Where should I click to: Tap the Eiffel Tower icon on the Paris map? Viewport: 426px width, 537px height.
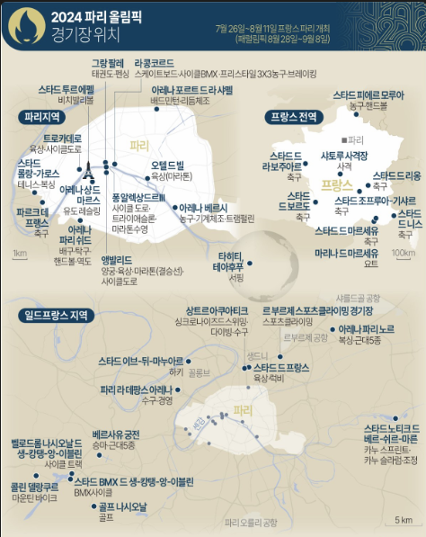[89, 170]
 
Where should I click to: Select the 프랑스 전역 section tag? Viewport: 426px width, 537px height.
[292, 117]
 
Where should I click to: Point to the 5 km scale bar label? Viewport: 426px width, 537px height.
[403, 520]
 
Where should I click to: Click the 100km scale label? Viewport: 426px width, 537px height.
[404, 253]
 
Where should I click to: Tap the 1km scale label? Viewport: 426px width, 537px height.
[19, 253]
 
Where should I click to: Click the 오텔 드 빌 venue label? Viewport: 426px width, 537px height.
[166, 166]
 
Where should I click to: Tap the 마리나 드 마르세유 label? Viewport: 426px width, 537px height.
[349, 255]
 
